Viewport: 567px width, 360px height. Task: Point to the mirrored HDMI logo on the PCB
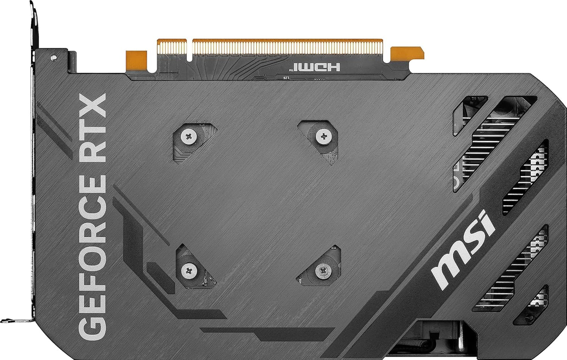[316, 67]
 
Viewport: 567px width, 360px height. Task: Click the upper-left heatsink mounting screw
[189, 136]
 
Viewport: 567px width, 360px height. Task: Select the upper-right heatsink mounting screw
[324, 136]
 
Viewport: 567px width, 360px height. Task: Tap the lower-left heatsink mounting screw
[189, 270]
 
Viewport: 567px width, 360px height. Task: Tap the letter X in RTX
[93, 105]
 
